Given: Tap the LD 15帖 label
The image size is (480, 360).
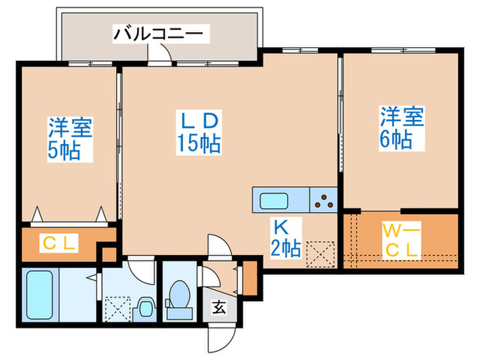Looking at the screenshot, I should coord(199,132).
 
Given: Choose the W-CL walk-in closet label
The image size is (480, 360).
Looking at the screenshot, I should coord(399,240).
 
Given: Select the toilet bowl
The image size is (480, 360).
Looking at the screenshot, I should coord(180,295).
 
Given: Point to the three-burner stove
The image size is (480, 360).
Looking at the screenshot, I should coord(324,201).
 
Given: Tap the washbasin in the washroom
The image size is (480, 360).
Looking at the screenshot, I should coord(145,307).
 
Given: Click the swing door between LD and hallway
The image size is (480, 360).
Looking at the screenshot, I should coord(221,248).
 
